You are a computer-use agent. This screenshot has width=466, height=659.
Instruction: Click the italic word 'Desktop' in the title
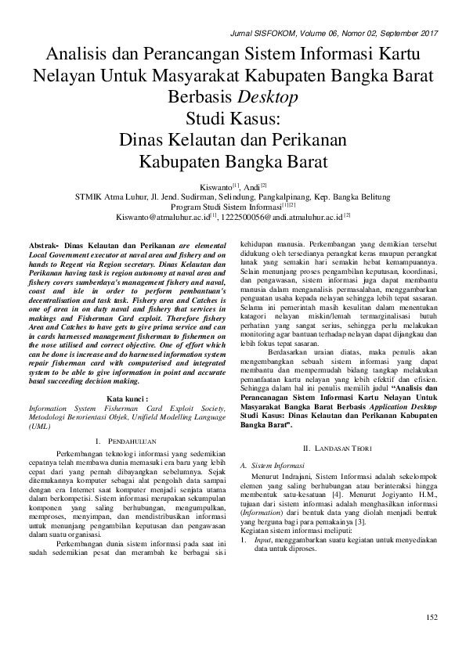[x=266, y=97]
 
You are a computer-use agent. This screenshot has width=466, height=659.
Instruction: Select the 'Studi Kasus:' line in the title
[x=233, y=119]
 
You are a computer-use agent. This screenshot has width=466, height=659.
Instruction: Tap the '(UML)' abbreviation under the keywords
[x=38, y=427]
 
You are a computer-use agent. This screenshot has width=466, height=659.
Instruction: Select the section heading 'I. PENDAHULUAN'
[x=127, y=444]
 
